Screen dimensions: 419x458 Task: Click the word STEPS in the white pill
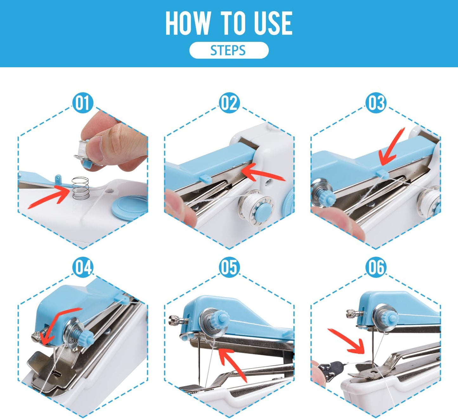pos(228,50)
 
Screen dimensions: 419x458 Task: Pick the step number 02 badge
pos(229,103)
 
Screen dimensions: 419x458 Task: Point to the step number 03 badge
pos(376,103)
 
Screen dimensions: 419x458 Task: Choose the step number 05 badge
pos(229,267)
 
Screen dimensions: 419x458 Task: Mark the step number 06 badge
pos(376,267)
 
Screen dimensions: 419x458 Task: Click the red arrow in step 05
pos(233,363)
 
